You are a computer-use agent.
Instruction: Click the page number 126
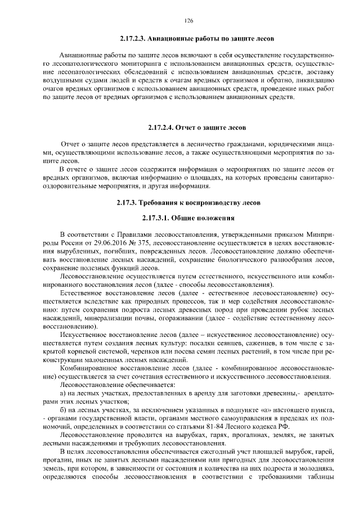click(188, 21)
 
